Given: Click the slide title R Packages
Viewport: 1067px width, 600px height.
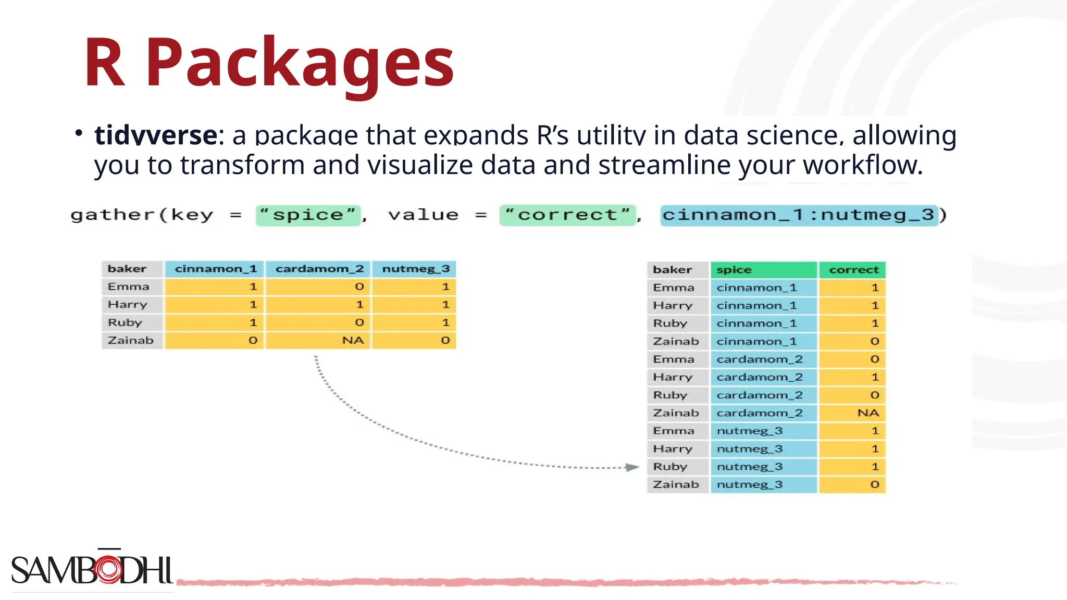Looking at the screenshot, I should [268, 63].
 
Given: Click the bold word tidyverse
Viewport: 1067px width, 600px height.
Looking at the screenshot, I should [156, 135].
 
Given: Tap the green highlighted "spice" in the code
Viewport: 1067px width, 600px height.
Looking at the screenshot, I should [308, 215].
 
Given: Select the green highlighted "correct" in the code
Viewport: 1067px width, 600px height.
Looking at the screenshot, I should [567, 215].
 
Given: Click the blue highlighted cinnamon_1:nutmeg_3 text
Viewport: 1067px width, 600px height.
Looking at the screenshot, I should [798, 215].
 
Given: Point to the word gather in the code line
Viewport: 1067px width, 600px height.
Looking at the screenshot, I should [113, 215].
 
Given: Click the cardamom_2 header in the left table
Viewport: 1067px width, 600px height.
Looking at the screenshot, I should [319, 269].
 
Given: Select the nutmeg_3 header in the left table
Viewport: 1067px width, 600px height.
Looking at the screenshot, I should [415, 269].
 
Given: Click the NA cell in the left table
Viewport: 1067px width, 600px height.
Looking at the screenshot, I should [353, 340].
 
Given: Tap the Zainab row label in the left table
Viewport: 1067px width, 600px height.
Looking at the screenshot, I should [131, 340].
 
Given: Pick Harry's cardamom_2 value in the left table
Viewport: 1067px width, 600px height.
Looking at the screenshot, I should [359, 305].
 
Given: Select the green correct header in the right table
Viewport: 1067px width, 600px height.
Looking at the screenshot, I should [853, 270].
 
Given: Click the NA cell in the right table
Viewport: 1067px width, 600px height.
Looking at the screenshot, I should [867, 413].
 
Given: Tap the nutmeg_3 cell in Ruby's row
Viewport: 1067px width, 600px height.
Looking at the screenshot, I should [750, 467].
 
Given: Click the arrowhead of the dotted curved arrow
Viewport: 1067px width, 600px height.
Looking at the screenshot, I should [632, 467].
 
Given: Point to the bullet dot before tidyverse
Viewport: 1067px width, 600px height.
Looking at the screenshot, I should [79, 133].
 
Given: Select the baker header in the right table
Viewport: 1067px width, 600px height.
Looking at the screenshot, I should [672, 270].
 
